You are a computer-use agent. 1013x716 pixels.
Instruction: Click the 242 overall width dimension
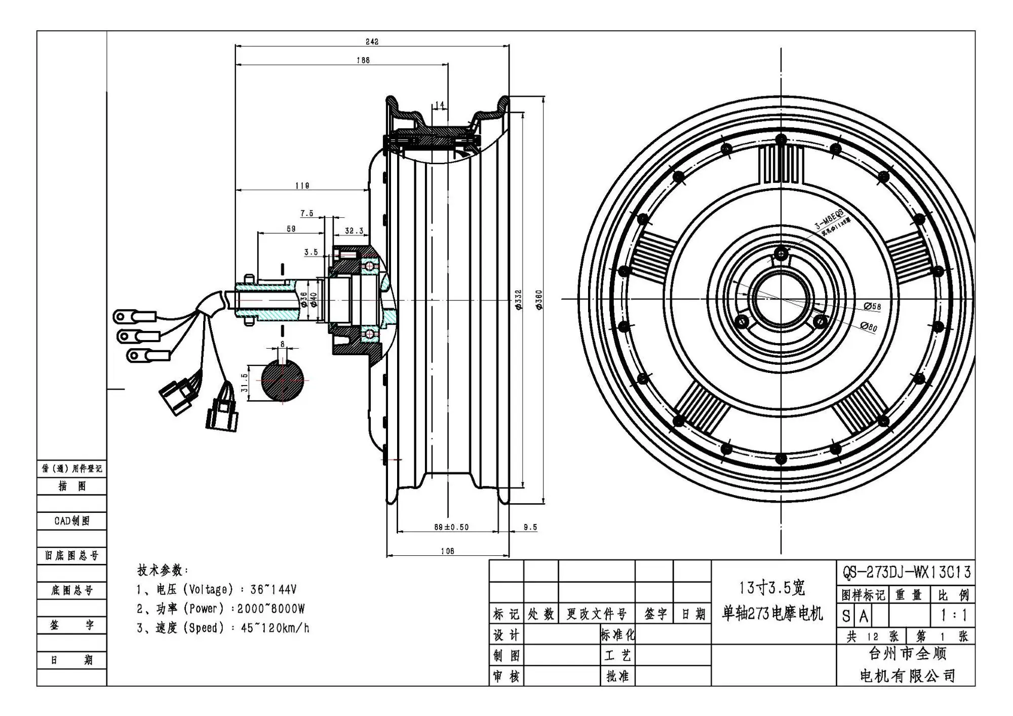click(372, 42)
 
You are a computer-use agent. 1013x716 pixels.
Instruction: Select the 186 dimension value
click(363, 60)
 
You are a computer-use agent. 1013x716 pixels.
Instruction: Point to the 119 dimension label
click(302, 186)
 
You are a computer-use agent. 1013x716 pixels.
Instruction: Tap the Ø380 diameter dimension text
click(539, 300)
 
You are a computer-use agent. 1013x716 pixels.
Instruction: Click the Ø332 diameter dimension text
click(518, 300)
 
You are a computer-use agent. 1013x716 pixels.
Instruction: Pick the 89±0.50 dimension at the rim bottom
click(451, 527)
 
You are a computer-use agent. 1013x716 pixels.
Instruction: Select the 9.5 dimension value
click(530, 527)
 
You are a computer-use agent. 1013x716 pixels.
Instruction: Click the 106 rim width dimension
click(447, 551)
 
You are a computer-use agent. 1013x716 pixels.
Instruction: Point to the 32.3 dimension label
click(354, 231)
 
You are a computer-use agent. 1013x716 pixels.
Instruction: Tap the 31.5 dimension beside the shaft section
click(245, 383)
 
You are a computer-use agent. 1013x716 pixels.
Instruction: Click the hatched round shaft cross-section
click(283, 381)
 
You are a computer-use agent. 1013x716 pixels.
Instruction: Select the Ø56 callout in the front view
click(872, 307)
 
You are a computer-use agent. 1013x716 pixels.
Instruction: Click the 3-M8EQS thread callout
click(829, 218)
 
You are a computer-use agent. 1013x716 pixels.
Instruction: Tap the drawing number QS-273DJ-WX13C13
click(906, 572)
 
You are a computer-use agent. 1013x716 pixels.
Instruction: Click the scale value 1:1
click(953, 615)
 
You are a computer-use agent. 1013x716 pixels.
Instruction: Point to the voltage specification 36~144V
click(274, 589)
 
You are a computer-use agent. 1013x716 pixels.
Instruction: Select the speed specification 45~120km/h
click(275, 628)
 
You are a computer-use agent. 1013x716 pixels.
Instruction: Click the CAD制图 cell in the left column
click(72, 521)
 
